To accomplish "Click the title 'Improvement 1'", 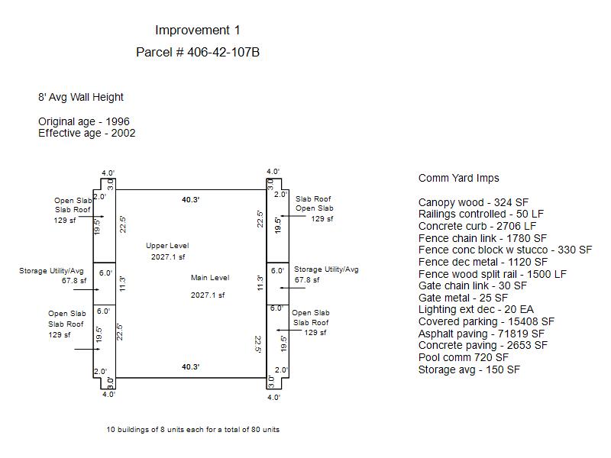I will (x=197, y=31).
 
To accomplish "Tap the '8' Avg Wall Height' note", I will (x=81, y=98).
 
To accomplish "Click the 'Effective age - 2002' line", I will (x=87, y=134).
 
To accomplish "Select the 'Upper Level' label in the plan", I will (x=167, y=246).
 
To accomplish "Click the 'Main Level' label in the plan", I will (x=209, y=278).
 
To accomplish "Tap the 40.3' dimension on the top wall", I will (x=190, y=199).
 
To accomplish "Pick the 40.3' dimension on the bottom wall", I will (x=190, y=367).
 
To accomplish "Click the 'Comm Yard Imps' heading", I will (x=458, y=179).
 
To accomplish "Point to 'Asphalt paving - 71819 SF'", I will (x=481, y=334).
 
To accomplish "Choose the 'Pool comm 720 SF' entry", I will (x=463, y=357).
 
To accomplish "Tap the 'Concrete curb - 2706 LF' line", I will (x=477, y=227).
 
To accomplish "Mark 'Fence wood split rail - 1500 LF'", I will (x=493, y=274).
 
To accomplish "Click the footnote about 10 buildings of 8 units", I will (x=192, y=430).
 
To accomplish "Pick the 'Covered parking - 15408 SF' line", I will (x=481, y=321).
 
